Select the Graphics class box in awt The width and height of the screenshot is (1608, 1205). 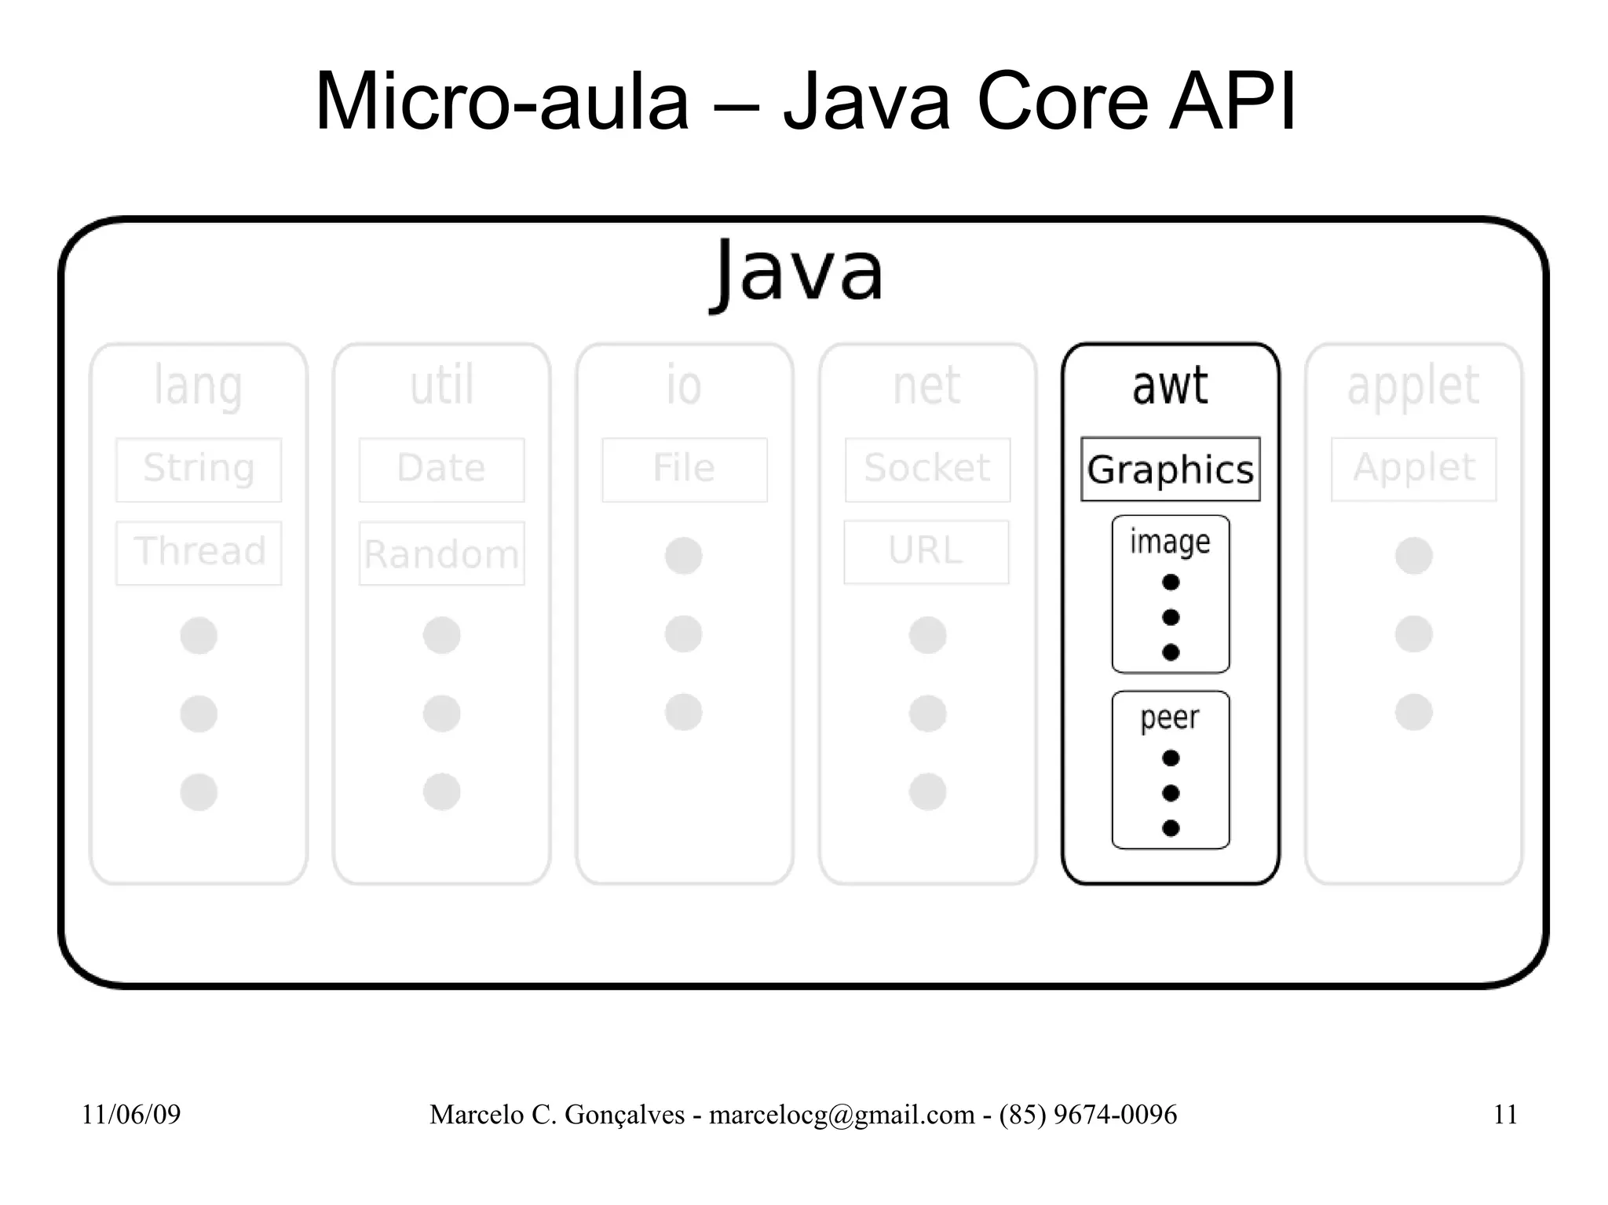(1170, 469)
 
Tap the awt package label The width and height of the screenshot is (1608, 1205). (1170, 386)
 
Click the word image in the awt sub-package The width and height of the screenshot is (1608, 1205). (1170, 542)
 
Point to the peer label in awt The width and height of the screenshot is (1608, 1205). (1170, 718)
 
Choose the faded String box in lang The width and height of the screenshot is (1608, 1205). (199, 469)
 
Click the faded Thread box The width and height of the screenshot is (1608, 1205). (199, 553)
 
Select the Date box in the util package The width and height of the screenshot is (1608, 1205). (441, 469)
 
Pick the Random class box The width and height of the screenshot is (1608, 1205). (441, 553)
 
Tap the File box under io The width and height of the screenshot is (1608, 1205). (685, 469)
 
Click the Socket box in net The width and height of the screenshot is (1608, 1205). (927, 469)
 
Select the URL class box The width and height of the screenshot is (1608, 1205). (926, 552)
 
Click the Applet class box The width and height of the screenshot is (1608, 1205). (1413, 469)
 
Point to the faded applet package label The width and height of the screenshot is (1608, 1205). (1413, 386)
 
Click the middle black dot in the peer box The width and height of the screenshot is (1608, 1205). (1171, 793)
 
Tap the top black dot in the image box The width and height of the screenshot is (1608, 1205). (1171, 582)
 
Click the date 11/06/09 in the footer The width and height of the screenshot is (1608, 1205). (131, 1115)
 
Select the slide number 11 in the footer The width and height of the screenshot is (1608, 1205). (1505, 1115)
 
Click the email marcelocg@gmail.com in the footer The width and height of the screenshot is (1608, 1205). (842, 1115)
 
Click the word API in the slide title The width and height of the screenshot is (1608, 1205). (1233, 102)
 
